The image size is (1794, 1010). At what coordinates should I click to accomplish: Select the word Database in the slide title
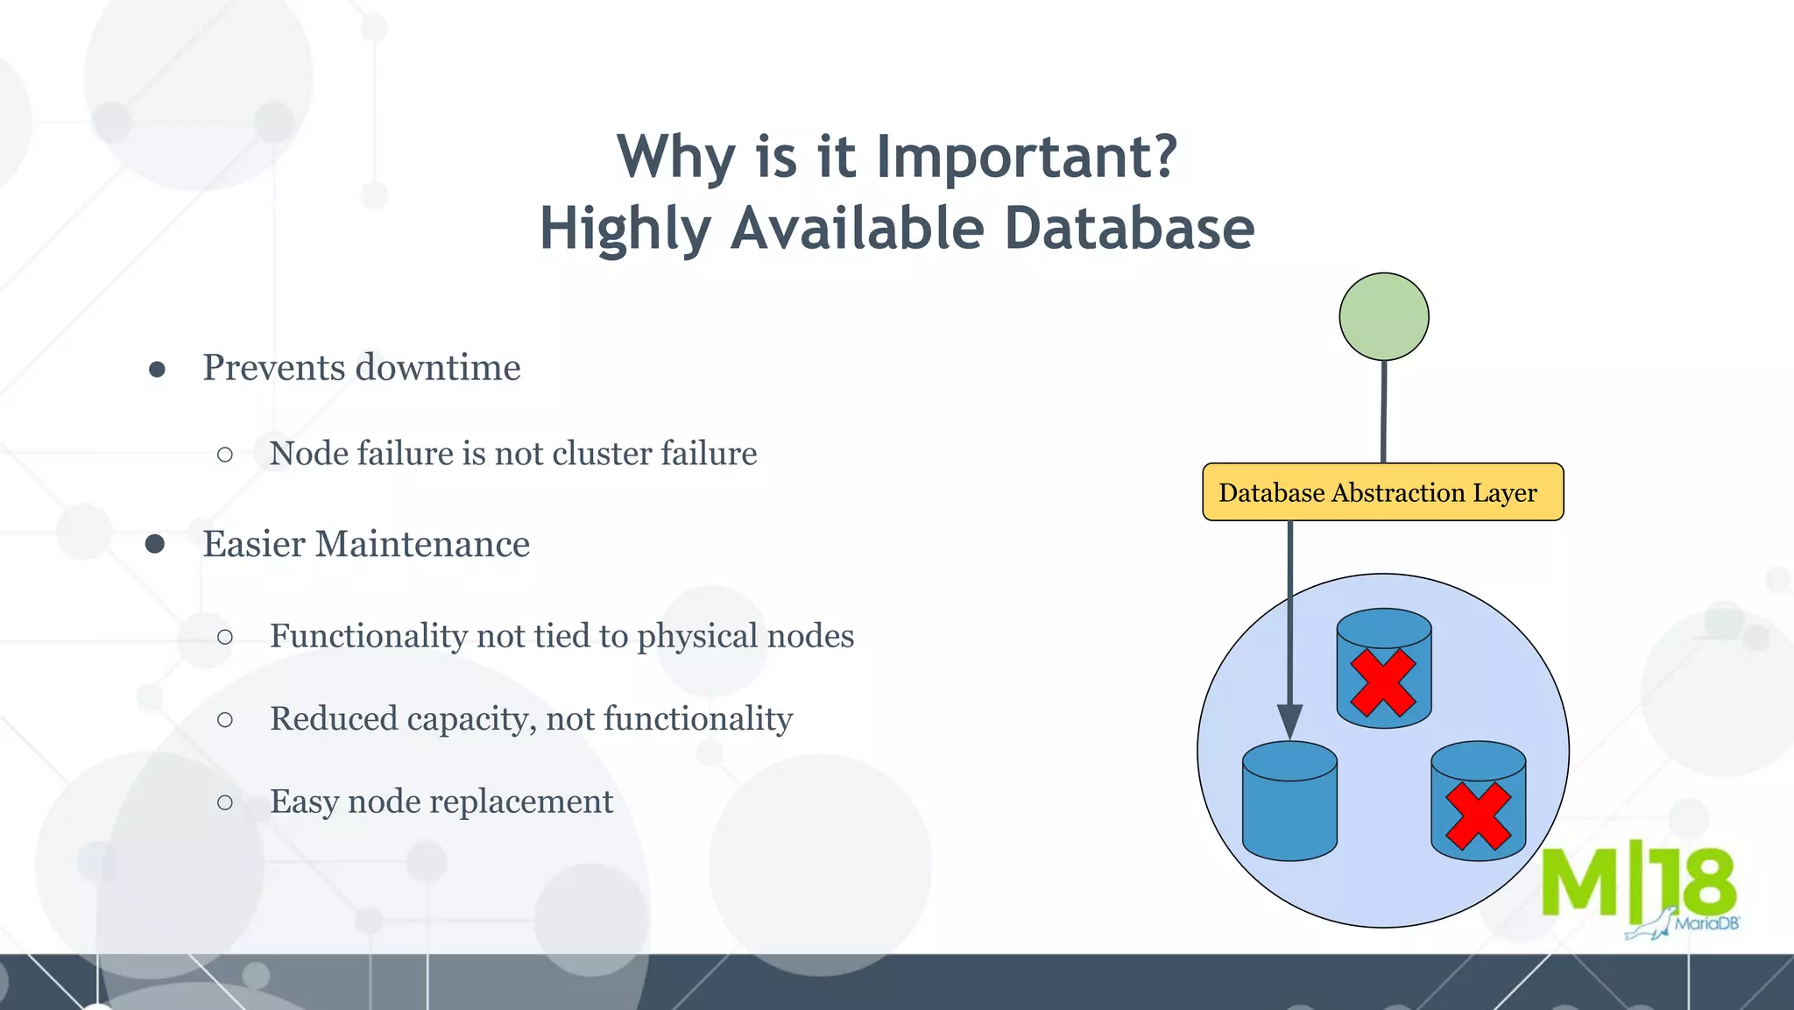tap(1129, 229)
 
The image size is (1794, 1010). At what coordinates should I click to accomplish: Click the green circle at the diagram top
tap(1384, 316)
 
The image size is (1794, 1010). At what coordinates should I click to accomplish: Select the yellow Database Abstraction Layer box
tap(1382, 492)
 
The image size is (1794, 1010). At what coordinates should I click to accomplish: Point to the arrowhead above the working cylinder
tap(1289, 720)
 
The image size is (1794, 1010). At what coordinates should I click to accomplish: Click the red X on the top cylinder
tap(1383, 682)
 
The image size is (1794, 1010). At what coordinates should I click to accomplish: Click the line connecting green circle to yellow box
tap(1384, 412)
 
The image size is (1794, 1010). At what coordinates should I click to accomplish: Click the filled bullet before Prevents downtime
tap(157, 370)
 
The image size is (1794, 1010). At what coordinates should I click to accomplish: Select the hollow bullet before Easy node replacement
tap(225, 802)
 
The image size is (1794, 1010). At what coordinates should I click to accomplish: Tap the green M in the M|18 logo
tap(1579, 882)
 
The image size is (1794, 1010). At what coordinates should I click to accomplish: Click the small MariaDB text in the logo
tap(1706, 923)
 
